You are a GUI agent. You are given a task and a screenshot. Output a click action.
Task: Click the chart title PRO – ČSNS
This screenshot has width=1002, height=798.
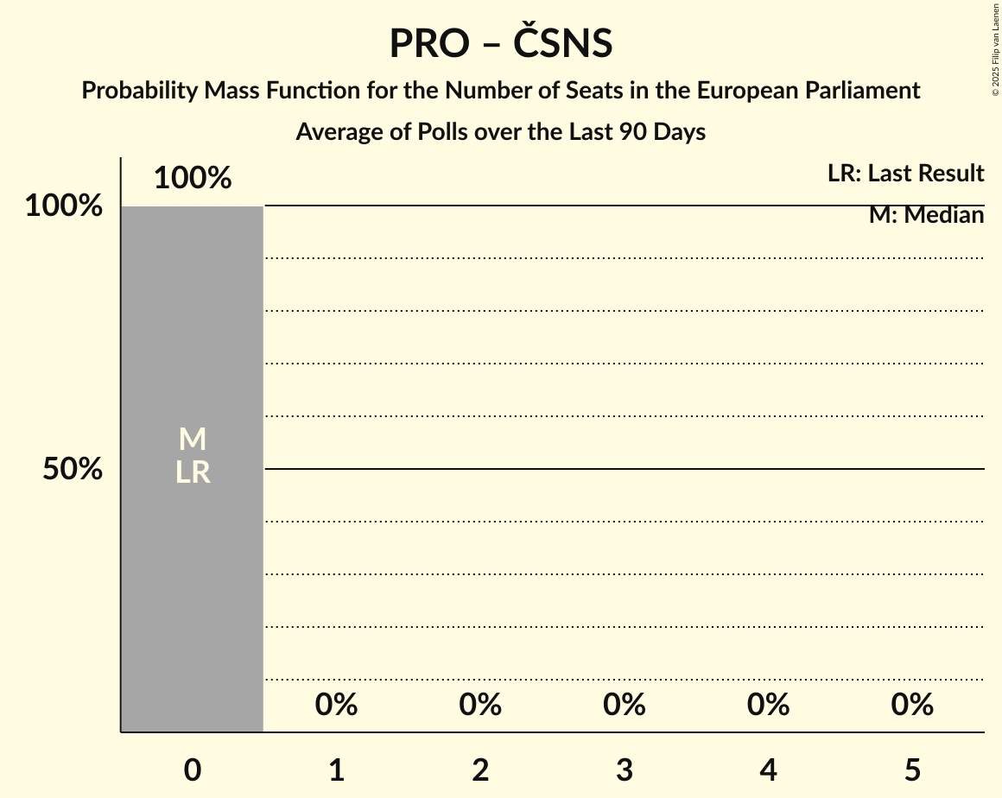[x=500, y=43]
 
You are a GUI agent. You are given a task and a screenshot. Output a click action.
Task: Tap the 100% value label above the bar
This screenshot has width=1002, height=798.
[x=193, y=179]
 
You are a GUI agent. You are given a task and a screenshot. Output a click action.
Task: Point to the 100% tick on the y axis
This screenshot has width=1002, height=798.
[x=64, y=206]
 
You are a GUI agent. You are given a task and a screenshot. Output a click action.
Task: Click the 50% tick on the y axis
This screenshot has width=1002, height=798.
[x=73, y=470]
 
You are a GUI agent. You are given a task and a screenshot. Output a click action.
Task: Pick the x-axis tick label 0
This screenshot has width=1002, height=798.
[x=193, y=770]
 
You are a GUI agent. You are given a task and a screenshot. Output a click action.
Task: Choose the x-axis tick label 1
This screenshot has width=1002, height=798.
[x=337, y=770]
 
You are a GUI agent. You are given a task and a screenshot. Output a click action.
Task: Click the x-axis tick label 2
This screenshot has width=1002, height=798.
[x=480, y=770]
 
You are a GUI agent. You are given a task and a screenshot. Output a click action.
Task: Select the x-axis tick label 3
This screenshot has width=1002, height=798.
[x=625, y=770]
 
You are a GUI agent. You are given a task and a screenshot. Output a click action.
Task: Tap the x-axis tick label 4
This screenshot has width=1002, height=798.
[x=769, y=770]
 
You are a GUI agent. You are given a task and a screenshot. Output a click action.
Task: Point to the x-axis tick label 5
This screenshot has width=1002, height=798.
[x=912, y=770]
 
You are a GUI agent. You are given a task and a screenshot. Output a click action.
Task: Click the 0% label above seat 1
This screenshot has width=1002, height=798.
[x=337, y=706]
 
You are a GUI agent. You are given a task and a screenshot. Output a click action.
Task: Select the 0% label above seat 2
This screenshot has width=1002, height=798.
[x=480, y=706]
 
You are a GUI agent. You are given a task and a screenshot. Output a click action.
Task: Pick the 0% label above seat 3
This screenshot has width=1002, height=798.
[x=625, y=706]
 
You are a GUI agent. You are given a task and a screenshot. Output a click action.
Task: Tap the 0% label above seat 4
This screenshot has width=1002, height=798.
[x=769, y=706]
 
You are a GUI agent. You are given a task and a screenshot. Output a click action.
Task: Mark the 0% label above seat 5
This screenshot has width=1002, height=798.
[x=912, y=706]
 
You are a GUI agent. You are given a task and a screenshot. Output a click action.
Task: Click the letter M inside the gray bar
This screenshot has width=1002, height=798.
[x=193, y=440]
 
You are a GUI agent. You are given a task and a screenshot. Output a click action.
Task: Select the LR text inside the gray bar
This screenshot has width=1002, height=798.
[x=193, y=472]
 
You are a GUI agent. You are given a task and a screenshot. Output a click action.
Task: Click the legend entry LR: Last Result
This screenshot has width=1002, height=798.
[x=905, y=174]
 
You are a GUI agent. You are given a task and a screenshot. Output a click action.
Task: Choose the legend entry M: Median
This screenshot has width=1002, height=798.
[x=926, y=215]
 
